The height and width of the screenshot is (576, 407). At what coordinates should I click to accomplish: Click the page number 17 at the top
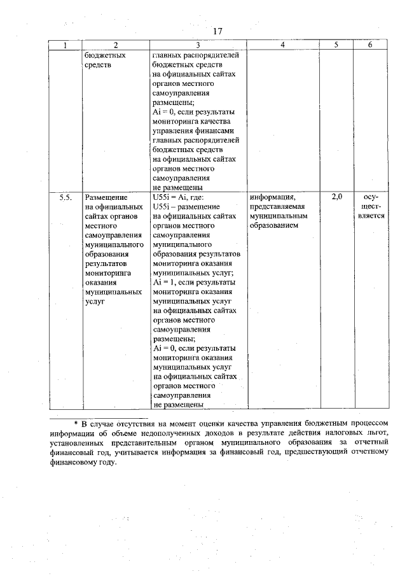(x=217, y=31)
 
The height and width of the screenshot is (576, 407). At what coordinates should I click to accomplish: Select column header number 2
(x=115, y=45)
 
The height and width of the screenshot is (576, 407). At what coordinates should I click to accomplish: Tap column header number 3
(x=198, y=45)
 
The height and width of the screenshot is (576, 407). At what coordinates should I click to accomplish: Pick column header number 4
(x=282, y=45)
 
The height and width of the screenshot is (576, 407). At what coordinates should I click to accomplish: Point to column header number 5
(x=336, y=45)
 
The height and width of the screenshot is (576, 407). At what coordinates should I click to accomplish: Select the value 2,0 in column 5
(x=336, y=197)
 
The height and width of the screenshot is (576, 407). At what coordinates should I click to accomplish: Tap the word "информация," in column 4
(x=273, y=198)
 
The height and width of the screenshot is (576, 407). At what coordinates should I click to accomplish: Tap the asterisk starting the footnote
(x=75, y=423)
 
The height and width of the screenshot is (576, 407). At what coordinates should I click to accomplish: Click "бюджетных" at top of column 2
(x=104, y=55)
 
